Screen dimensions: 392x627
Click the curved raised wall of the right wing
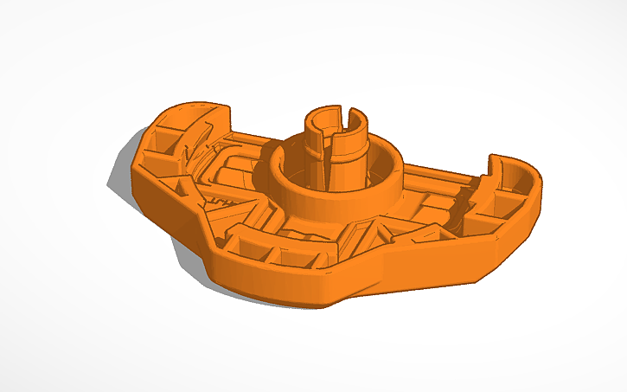(519, 169)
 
